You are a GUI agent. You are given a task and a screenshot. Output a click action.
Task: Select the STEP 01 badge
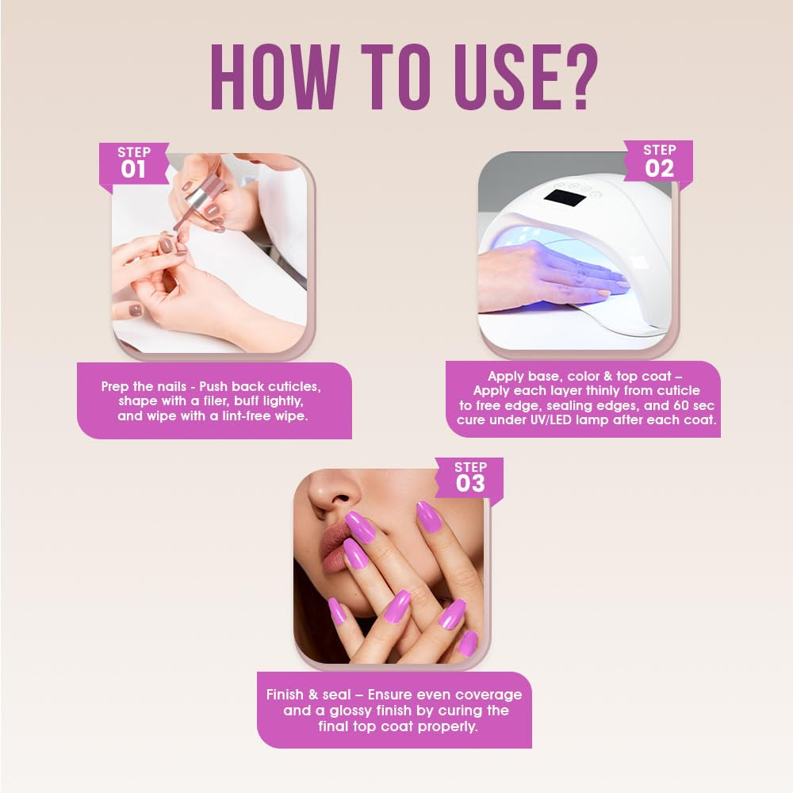tap(133, 163)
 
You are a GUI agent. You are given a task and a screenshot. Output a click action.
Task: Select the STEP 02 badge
tap(659, 161)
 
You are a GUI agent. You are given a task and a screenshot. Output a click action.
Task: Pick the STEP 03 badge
tap(470, 477)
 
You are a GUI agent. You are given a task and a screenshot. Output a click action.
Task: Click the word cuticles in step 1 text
tap(291, 386)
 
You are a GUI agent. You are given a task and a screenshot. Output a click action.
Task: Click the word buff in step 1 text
tap(239, 401)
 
